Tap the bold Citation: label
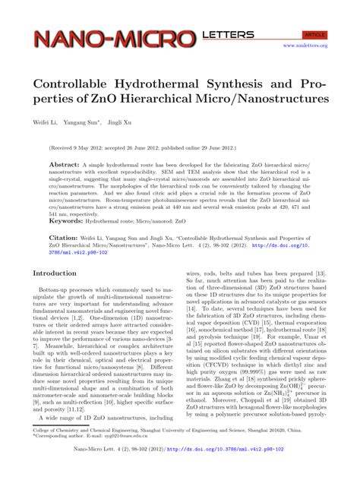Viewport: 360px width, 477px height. pos(54,237)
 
